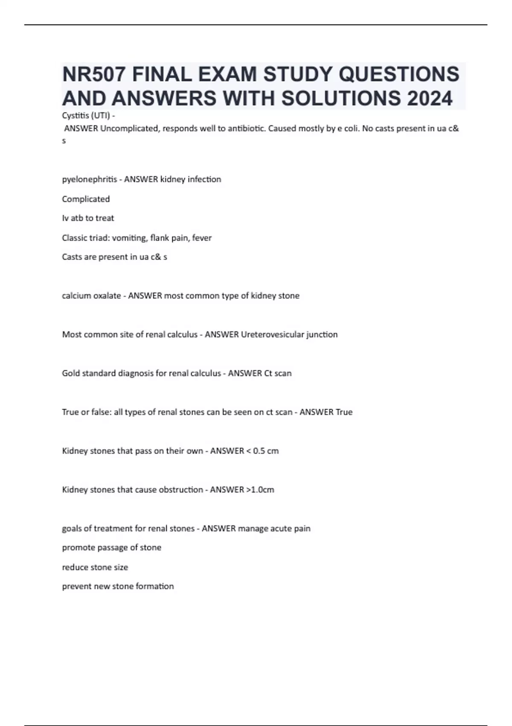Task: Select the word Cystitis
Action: click(x=74, y=115)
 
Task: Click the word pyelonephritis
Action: click(x=89, y=179)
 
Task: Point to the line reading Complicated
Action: click(x=86, y=199)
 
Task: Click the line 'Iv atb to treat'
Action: click(x=88, y=218)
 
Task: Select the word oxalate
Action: click(x=107, y=296)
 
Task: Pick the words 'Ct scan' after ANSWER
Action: click(x=278, y=373)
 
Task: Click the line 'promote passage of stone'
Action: click(x=111, y=547)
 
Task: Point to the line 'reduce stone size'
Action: click(x=95, y=567)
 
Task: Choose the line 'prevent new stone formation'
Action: click(x=118, y=586)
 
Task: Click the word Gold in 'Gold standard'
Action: click(x=71, y=373)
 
